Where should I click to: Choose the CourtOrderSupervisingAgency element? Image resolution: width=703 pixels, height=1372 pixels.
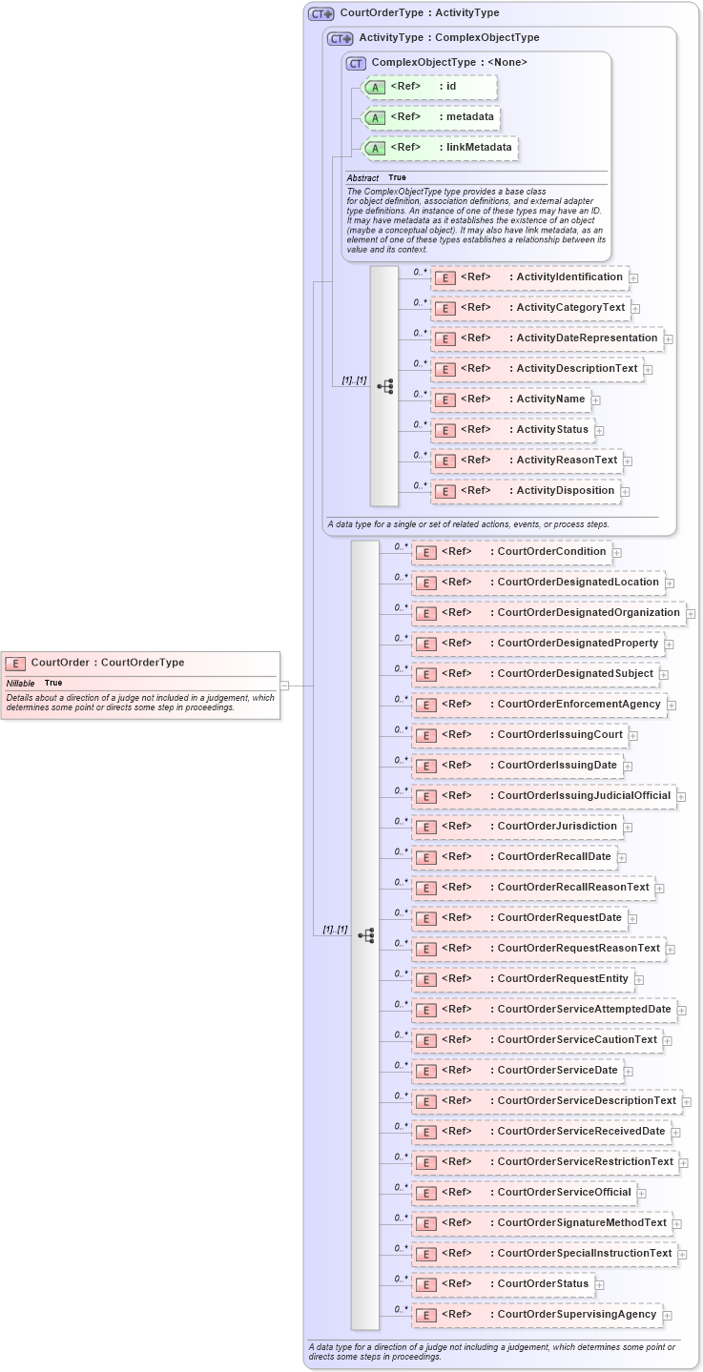click(538, 1315)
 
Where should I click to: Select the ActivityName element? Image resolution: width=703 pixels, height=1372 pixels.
click(511, 399)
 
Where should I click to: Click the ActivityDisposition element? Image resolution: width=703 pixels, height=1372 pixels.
click(526, 491)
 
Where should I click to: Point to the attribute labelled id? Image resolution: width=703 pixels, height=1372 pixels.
click(430, 88)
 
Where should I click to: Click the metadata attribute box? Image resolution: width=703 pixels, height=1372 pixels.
click(432, 117)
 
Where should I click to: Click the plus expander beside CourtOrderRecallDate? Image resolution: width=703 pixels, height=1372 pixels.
click(622, 858)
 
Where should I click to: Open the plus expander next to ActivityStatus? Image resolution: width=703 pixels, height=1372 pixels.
click(600, 431)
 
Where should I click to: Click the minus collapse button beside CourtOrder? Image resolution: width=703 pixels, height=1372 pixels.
click(284, 685)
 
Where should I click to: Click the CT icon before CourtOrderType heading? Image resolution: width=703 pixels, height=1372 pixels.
click(321, 14)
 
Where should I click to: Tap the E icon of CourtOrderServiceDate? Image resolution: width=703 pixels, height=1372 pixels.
click(426, 1072)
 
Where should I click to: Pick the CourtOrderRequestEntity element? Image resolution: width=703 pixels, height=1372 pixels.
click(524, 979)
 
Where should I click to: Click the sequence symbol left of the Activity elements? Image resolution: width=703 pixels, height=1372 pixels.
click(385, 386)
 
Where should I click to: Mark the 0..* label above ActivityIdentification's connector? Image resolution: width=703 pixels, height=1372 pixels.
click(420, 272)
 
